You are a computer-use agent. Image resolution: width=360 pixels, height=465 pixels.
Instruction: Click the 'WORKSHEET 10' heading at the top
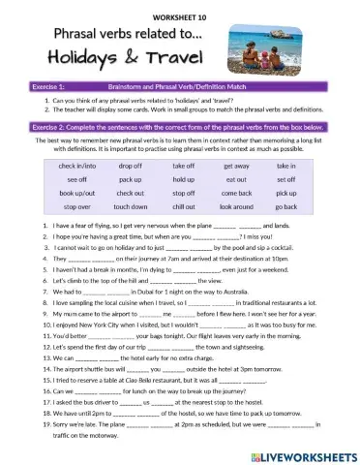pyautogui.click(x=179, y=17)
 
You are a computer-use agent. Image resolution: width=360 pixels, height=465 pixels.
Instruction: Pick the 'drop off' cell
pyautogui.click(x=131, y=167)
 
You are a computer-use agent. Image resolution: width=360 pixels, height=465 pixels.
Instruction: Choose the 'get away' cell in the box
pyautogui.click(x=236, y=167)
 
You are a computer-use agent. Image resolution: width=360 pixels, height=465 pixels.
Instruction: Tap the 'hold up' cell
pyautogui.click(x=184, y=180)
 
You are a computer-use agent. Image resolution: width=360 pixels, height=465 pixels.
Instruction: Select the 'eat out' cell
pyautogui.click(x=236, y=180)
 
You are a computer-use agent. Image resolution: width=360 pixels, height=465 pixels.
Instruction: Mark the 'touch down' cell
pyautogui.click(x=131, y=207)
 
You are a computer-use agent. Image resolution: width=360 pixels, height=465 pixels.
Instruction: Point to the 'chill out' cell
pyautogui.click(x=184, y=207)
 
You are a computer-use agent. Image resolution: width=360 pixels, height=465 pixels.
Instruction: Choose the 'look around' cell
pyautogui.click(x=236, y=207)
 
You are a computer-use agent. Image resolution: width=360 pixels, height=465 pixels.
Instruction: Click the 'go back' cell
pyautogui.click(x=286, y=207)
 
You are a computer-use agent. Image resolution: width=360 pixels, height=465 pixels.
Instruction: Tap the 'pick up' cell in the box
pyautogui.click(x=286, y=194)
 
